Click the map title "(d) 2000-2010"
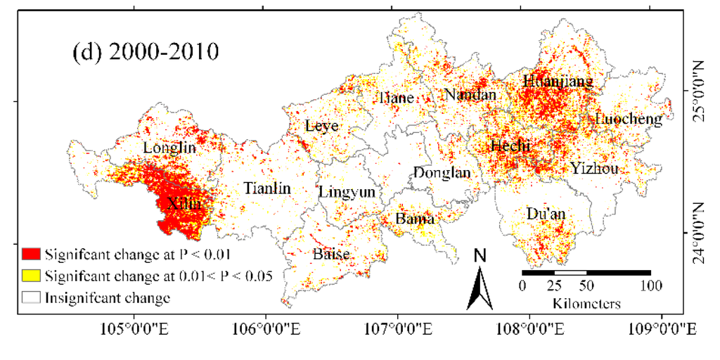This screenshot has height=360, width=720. (146, 53)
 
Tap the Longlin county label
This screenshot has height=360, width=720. (169, 148)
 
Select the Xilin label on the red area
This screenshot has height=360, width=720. (184, 204)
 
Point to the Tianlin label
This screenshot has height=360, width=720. (267, 188)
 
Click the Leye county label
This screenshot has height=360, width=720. (322, 126)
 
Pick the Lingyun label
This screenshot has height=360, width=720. (347, 192)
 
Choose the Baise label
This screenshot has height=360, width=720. (331, 254)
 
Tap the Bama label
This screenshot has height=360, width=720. (414, 219)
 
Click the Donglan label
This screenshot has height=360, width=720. (442, 172)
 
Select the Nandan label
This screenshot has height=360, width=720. (470, 94)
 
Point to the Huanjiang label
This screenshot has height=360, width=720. (558, 81)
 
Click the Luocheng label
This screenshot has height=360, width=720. (628, 119)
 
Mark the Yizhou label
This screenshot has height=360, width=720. (595, 168)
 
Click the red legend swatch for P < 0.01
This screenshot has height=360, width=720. (31, 254)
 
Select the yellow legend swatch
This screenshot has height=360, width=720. (31, 276)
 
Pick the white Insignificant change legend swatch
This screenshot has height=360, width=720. (31, 297)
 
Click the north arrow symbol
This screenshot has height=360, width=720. (480, 288)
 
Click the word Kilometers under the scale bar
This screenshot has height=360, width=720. (586, 304)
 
